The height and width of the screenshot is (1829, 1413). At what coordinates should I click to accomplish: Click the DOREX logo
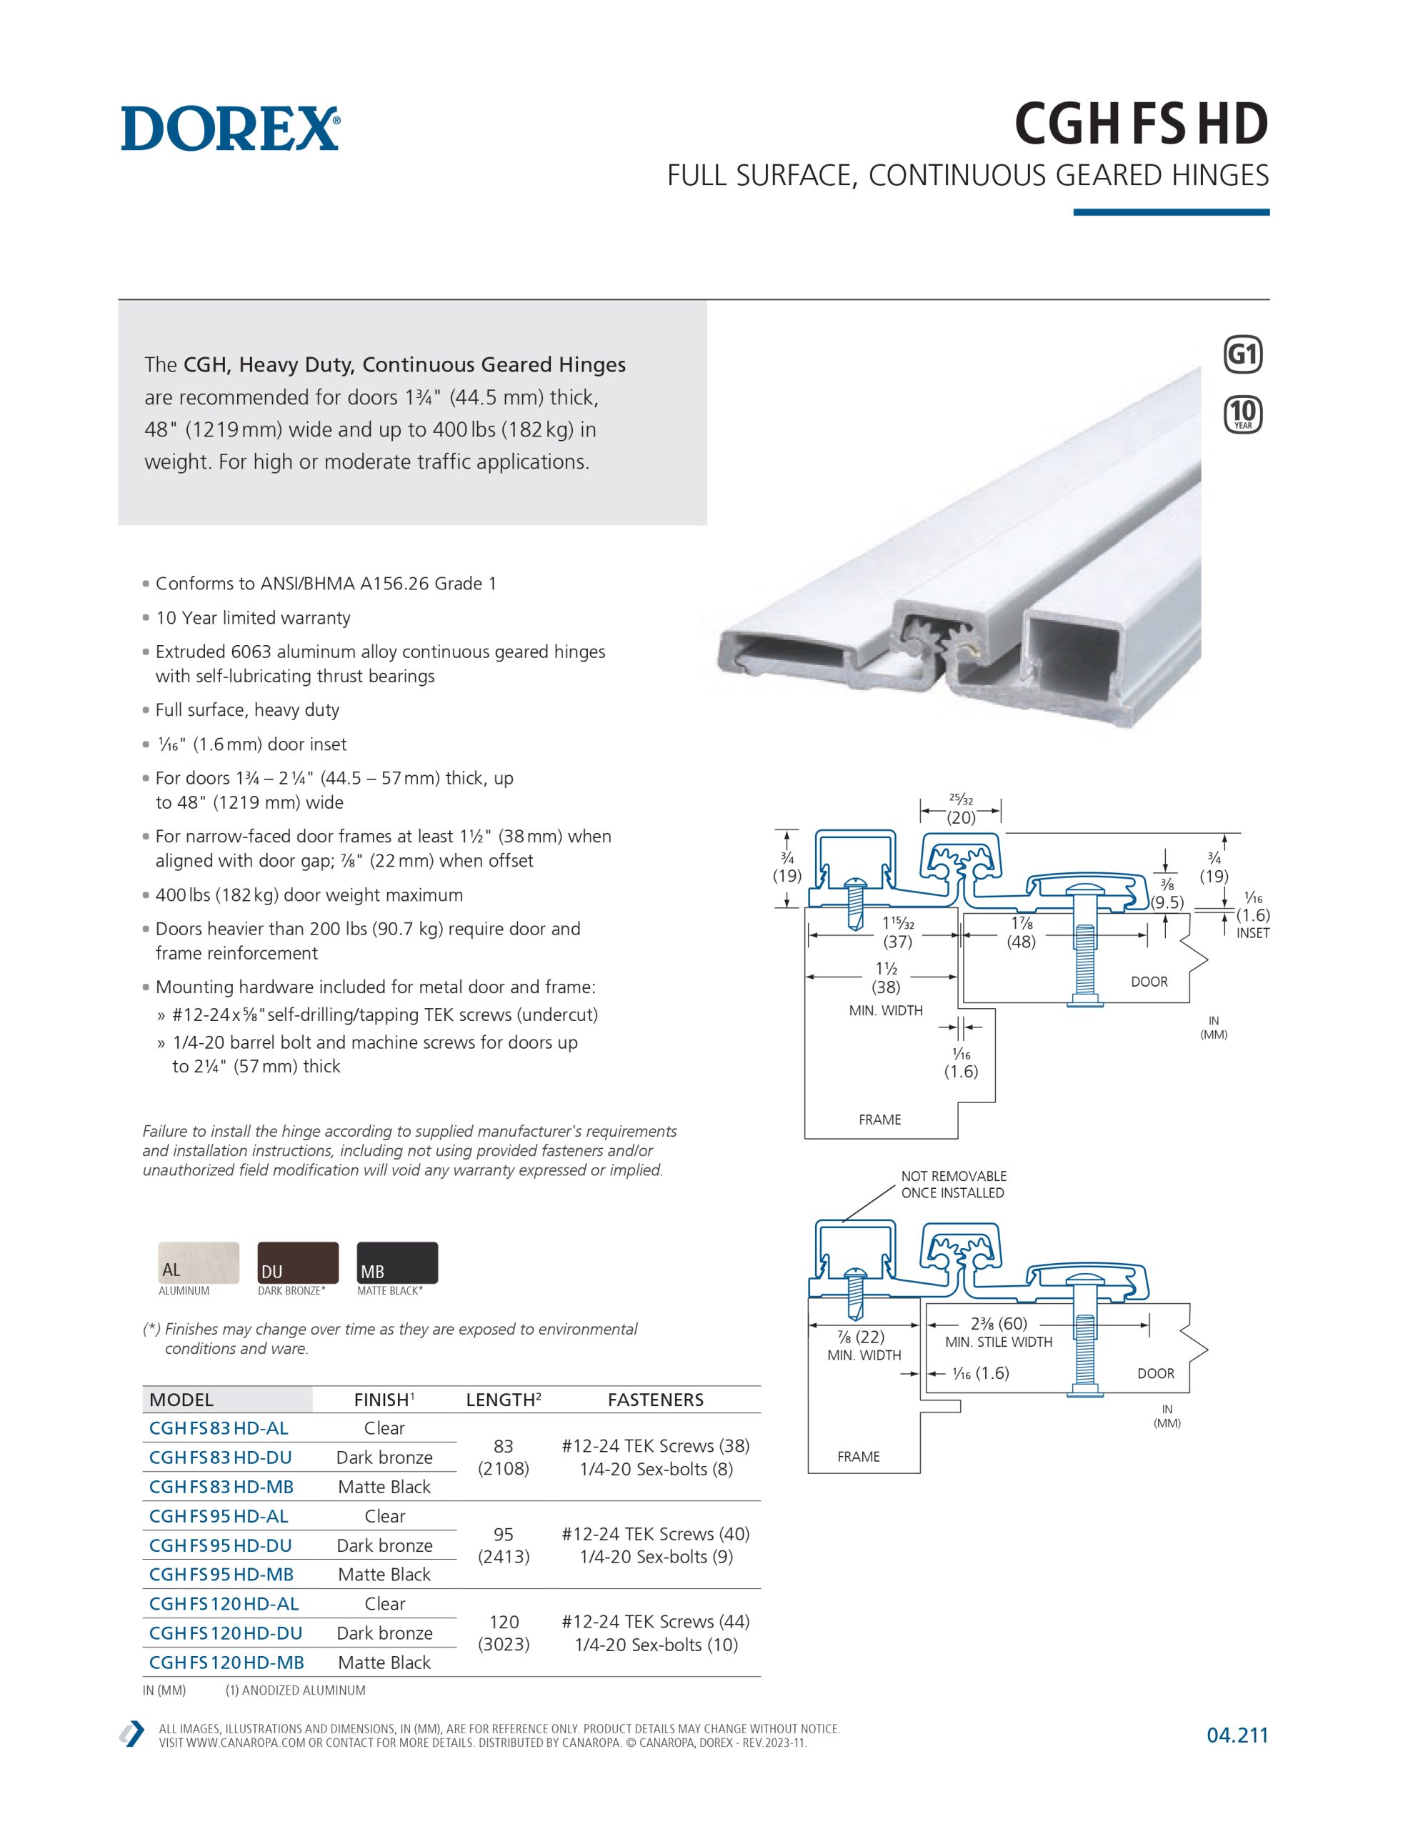(230, 128)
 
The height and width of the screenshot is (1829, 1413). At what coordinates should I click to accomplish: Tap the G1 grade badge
(1243, 354)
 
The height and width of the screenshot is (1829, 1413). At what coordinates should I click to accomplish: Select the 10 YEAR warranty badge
(1243, 414)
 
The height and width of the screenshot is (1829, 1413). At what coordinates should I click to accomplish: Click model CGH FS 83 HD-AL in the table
(219, 1428)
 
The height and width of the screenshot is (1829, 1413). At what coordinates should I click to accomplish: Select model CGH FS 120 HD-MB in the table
(226, 1663)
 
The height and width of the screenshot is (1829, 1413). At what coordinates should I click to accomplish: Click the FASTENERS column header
(656, 1400)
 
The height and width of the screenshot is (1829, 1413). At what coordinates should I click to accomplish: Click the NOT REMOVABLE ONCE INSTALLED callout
(953, 1184)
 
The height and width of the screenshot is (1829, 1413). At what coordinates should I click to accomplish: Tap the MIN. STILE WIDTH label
(999, 1342)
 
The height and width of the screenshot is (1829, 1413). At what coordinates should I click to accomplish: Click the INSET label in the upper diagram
(1253, 933)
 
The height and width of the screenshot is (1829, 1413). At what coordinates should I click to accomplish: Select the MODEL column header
(181, 1400)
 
